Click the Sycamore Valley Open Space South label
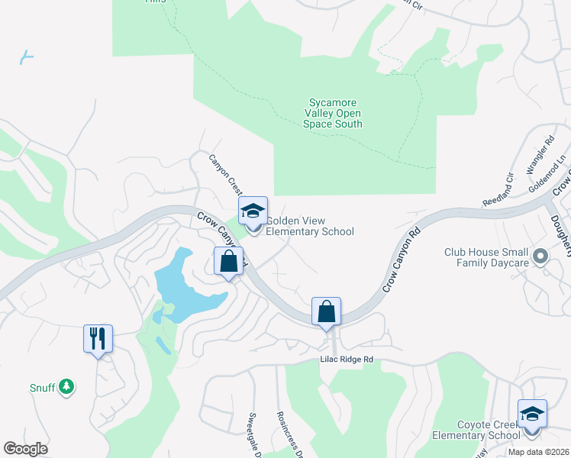coord(332,113)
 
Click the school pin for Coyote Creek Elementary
coord(532,414)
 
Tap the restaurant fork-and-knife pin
coord(98,339)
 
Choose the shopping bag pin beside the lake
coord(228,262)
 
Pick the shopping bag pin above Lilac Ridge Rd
coord(326,312)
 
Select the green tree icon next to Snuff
coord(67,388)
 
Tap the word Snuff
coord(43,388)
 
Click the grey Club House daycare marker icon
coord(540,256)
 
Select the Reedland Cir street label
coord(497,190)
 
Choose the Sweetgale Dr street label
coord(254,434)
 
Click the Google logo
coord(26,449)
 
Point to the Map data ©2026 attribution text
coord(538,452)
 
